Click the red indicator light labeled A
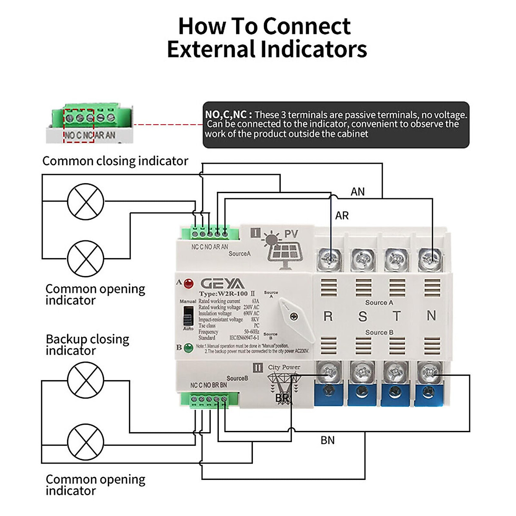(188, 283)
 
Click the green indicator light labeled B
(188, 347)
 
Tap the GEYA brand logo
(222, 284)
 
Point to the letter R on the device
(328, 316)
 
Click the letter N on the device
(431, 316)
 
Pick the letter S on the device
(362, 317)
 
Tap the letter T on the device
(396, 316)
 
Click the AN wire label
(357, 192)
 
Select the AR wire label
(342, 215)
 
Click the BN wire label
(327, 440)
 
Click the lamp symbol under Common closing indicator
(86, 201)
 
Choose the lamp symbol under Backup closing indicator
(86, 380)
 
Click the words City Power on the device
(284, 367)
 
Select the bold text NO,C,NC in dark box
(226, 115)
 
